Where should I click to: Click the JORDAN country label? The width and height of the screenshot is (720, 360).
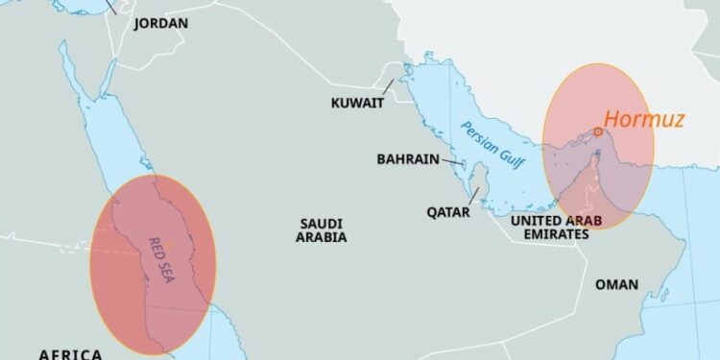pyautogui.click(x=160, y=22)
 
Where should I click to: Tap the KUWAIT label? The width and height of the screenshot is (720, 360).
pyautogui.click(x=357, y=103)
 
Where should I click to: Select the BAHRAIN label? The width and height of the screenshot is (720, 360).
pyautogui.click(x=408, y=159)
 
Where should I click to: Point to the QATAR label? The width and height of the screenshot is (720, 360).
pyautogui.click(x=448, y=212)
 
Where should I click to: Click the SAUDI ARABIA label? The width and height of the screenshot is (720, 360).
pyautogui.click(x=321, y=229)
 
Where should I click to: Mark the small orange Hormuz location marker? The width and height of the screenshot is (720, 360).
pyautogui.click(x=597, y=132)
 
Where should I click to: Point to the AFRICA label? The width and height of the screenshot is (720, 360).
pyautogui.click(x=70, y=354)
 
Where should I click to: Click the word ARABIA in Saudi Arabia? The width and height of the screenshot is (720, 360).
pyautogui.click(x=321, y=237)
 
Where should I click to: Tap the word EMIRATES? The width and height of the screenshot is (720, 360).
pyautogui.click(x=549, y=233)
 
